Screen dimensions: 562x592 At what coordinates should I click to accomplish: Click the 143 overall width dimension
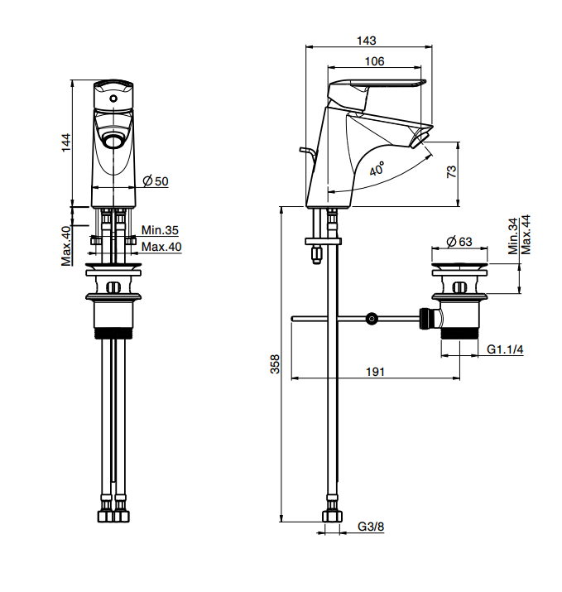(367, 40)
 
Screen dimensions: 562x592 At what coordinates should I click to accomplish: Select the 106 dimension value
(374, 61)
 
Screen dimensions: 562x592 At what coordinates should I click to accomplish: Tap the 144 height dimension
(66, 142)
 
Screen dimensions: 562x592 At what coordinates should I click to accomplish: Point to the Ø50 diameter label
(156, 180)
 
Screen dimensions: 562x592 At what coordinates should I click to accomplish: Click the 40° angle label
(377, 169)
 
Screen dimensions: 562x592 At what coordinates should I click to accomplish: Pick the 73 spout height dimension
(451, 171)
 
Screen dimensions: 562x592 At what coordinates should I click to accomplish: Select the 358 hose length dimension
(275, 364)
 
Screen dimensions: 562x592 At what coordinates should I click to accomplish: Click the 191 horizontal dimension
(375, 372)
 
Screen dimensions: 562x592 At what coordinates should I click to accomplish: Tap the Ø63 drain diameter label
(459, 241)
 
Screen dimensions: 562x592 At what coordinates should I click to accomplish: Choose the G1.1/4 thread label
(505, 349)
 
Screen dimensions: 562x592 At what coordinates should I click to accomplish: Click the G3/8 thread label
(371, 526)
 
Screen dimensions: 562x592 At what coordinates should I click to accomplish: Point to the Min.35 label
(160, 229)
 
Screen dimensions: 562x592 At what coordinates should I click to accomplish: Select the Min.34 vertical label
(513, 236)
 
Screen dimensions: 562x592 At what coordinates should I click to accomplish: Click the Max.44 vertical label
(526, 234)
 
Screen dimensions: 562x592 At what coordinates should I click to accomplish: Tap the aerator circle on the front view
(113, 142)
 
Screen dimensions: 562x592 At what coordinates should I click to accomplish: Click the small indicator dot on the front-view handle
(113, 99)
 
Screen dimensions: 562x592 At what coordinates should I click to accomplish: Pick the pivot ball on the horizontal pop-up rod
(372, 319)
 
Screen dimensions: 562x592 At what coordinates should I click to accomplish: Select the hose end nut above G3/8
(332, 516)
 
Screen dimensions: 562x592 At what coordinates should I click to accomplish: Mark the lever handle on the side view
(376, 89)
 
